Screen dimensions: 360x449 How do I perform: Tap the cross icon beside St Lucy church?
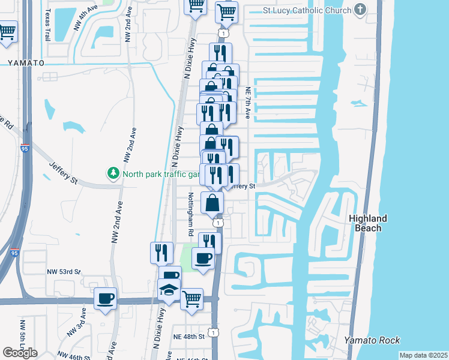pos(360,10)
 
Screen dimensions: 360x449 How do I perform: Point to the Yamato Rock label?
pos(372,340)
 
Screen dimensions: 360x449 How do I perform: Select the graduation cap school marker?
pos(169,290)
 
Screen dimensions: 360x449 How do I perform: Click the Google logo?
pos(20,352)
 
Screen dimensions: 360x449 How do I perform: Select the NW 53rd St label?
pos(64,272)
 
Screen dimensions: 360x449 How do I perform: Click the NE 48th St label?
pos(188,336)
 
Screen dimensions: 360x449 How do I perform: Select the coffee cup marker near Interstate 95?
pos(106,298)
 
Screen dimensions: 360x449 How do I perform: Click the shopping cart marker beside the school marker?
pos(191,297)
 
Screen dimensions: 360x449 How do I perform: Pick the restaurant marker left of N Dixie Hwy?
pos(160,252)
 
